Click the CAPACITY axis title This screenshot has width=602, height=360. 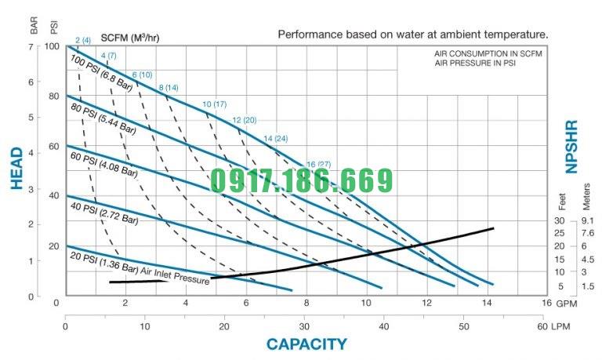point(306,344)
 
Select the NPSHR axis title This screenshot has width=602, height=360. point(571,147)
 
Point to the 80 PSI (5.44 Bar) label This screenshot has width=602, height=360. point(103,118)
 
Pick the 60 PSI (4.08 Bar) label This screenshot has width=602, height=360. point(104,166)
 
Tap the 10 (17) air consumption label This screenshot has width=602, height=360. point(214,104)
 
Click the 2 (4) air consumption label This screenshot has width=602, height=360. point(83,40)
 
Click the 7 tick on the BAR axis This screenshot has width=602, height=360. point(33,46)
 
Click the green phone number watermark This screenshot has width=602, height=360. point(301,180)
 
